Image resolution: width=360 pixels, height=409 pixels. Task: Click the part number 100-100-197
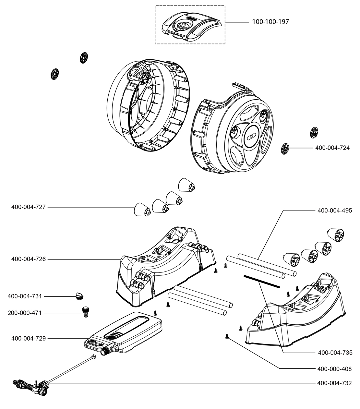click(270, 22)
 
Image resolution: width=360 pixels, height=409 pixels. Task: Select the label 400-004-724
click(332, 148)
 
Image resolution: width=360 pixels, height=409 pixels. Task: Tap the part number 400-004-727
click(29, 207)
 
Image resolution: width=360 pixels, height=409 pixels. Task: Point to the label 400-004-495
click(335, 211)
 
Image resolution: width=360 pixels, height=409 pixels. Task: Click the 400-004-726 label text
click(29, 259)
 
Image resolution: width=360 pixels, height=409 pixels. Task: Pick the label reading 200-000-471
click(25, 313)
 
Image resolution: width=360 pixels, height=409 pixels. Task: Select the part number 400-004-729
click(29, 338)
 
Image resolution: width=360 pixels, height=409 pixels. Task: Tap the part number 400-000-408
click(335, 369)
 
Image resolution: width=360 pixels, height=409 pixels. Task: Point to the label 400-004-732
click(335, 383)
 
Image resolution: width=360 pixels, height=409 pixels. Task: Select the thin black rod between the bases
click(261, 281)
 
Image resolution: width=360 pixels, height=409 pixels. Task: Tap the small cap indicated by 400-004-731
click(79, 295)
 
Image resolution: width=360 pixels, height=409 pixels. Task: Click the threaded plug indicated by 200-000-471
click(86, 312)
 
